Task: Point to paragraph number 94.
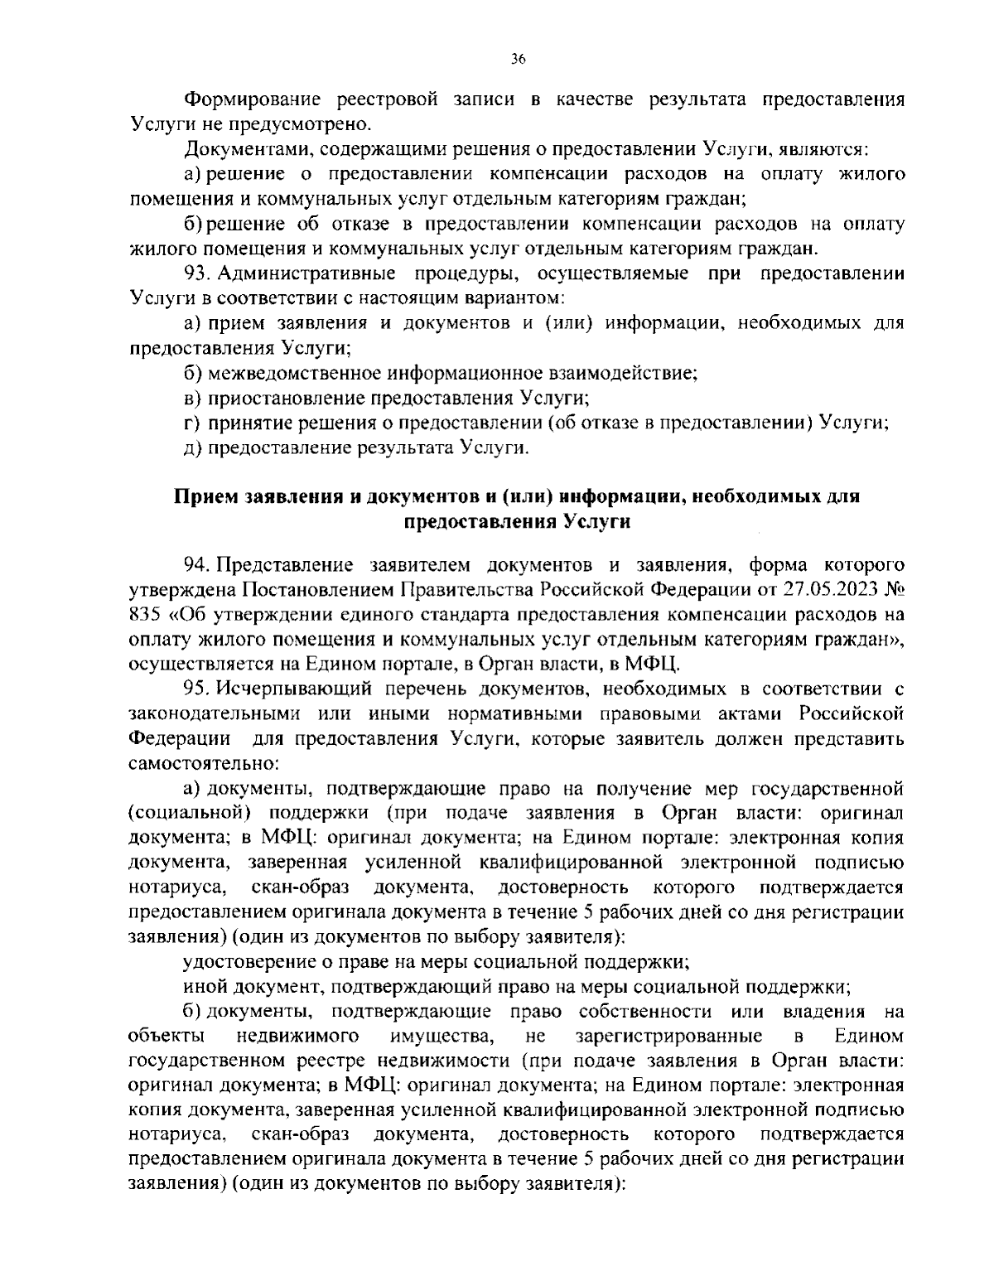point(200,565)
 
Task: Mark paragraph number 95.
point(200,689)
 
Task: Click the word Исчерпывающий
point(286,689)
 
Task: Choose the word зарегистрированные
point(679,1037)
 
